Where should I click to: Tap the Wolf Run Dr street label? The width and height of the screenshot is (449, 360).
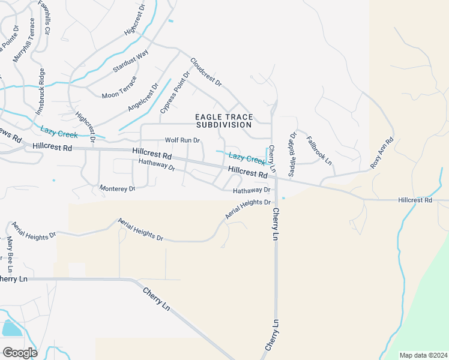coord(182,140)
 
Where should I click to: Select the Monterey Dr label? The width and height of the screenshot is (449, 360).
coord(118,188)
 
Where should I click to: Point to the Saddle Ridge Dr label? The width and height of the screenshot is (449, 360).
coord(292,155)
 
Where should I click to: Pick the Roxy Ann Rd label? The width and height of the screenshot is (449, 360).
coord(382,153)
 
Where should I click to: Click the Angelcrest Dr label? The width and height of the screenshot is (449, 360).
coord(143,97)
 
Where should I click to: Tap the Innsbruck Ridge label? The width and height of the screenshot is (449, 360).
coord(41,92)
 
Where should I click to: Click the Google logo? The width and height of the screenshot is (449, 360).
coord(20,352)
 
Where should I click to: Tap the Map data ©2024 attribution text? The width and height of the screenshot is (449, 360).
coord(423,355)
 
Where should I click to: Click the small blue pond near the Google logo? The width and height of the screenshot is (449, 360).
coord(11,328)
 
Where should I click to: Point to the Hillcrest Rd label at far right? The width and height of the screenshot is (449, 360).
coord(415,200)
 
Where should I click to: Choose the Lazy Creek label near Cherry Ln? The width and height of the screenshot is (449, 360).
coord(247,158)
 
